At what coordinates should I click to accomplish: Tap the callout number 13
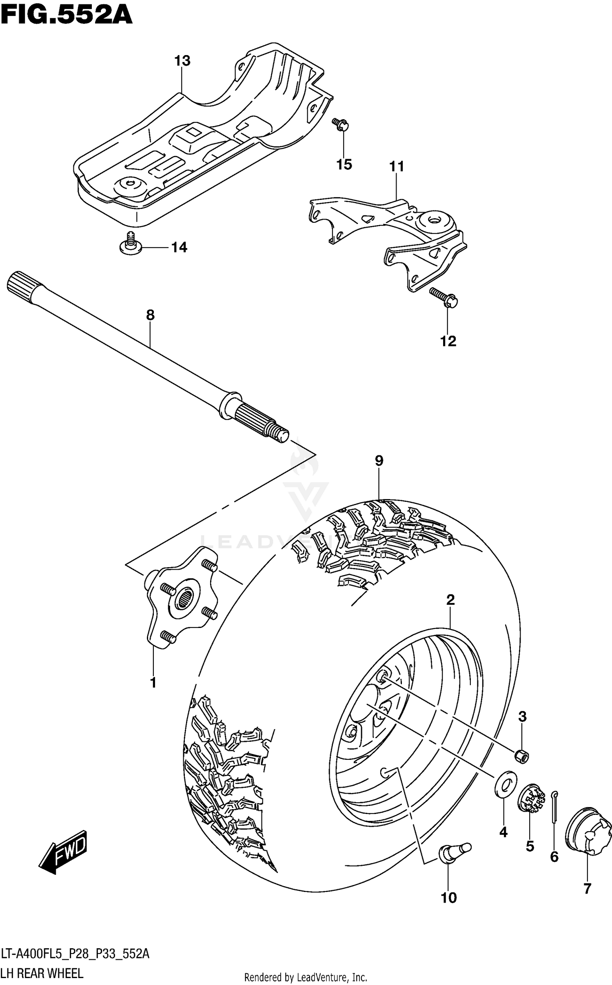tap(182, 61)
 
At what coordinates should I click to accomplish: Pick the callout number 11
tap(397, 166)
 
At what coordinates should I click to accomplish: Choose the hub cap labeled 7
tap(588, 828)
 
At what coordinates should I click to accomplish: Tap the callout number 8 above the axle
tap(150, 315)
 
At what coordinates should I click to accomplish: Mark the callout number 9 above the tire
tap(379, 461)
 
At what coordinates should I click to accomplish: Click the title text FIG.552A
tap(67, 16)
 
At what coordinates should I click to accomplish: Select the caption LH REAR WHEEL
tap(42, 974)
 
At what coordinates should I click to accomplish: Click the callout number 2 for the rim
tap(450, 600)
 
